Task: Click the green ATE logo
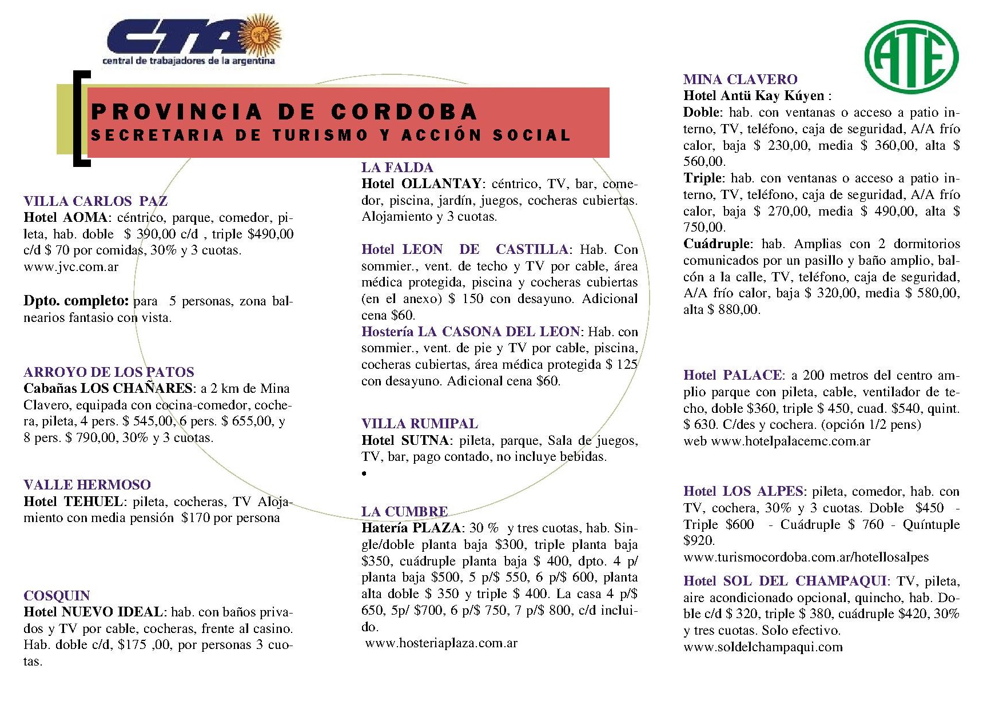tap(912, 55)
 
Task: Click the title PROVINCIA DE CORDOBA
tap(284, 111)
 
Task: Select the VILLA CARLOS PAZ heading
tap(95, 201)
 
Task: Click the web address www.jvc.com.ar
tap(71, 267)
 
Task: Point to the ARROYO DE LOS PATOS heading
tap(109, 372)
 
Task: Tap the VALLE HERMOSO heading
tap(87, 485)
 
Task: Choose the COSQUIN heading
tap(57, 596)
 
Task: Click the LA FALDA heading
tap(397, 168)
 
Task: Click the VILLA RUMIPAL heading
tap(419, 424)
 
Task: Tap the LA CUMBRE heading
tap(404, 512)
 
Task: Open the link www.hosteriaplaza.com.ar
tap(441, 643)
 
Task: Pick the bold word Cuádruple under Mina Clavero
tap(716, 244)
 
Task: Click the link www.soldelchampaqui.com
tap(763, 647)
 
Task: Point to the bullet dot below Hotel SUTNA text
tap(364, 473)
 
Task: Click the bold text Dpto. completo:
tap(76, 301)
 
